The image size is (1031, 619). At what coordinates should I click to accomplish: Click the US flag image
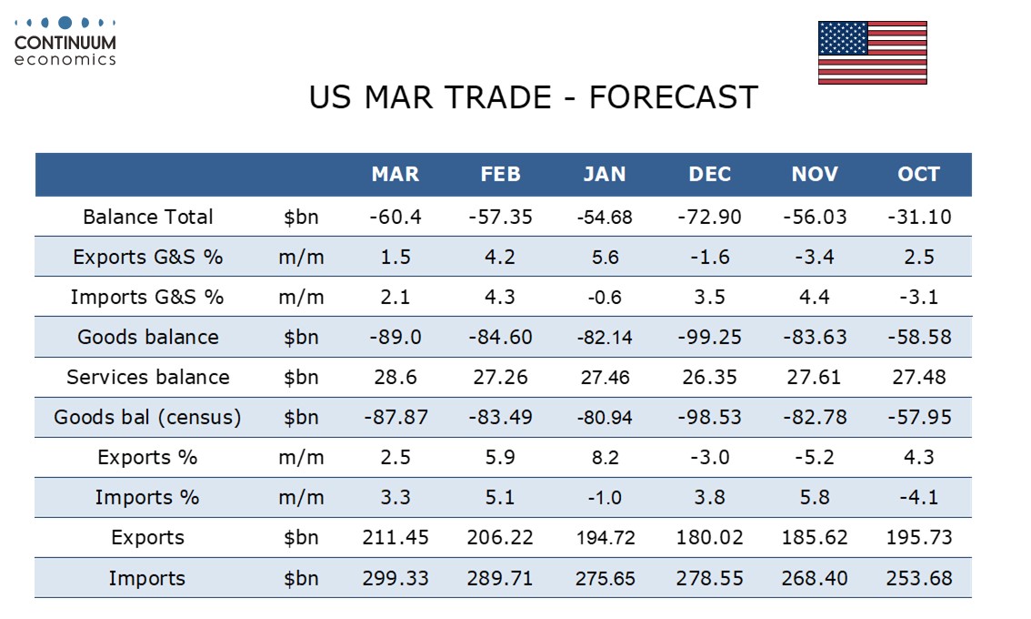[x=872, y=53]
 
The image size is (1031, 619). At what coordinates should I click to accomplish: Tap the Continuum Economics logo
[x=65, y=40]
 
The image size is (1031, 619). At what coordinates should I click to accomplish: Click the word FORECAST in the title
[x=673, y=97]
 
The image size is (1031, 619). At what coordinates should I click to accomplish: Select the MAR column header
[x=395, y=175]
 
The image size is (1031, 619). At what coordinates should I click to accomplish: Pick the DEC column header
[x=710, y=175]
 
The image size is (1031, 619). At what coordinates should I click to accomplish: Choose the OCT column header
[x=918, y=175]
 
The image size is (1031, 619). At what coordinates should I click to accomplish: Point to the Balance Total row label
[x=147, y=217]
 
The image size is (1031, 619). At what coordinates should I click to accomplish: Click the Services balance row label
[x=147, y=377]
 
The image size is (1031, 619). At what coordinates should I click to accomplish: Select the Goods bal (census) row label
[x=147, y=417]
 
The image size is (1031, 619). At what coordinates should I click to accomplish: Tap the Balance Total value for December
[x=710, y=217]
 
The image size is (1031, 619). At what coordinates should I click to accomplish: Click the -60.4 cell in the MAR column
[x=395, y=217]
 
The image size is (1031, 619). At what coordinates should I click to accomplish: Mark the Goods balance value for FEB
[x=500, y=337]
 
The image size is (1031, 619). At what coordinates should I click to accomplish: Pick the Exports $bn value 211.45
[x=395, y=537]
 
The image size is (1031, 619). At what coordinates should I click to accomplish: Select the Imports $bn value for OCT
[x=918, y=578]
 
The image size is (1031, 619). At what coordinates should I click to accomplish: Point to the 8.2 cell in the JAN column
[x=605, y=457]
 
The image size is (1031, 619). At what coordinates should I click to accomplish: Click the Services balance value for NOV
[x=815, y=377]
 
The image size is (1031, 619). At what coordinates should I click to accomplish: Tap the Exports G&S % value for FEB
[x=500, y=257]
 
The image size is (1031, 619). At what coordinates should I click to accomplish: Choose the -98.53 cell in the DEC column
[x=710, y=417]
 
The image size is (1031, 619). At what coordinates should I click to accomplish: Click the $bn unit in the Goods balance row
[x=301, y=337]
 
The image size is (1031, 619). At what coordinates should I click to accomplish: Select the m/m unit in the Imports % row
[x=301, y=497]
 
